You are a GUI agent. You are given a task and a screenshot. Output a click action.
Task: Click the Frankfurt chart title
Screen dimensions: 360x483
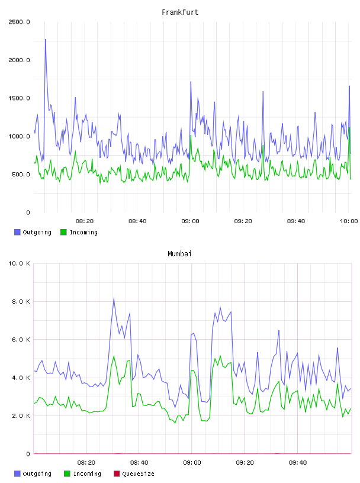pos(180,12)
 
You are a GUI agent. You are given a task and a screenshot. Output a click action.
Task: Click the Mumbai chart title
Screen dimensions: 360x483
pos(179,254)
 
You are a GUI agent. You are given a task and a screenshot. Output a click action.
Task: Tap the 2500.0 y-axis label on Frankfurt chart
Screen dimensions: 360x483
pos(19,22)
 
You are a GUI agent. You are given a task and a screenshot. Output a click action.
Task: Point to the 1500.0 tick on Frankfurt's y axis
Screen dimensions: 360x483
pos(19,98)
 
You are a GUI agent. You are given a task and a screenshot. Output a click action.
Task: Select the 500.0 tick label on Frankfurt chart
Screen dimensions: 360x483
pos(21,175)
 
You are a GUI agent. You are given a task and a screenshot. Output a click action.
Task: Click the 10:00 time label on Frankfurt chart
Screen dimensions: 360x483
pos(349,221)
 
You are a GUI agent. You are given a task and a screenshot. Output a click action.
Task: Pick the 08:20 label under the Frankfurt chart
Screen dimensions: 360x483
pos(85,221)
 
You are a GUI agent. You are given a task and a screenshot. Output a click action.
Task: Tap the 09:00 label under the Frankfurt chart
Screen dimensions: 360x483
pos(191,221)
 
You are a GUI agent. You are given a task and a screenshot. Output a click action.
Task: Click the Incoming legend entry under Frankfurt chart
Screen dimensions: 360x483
pos(79,232)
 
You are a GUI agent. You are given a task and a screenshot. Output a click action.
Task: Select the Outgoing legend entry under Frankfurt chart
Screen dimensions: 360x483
pos(33,232)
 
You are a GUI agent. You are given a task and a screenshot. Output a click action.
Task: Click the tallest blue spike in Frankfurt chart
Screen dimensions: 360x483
pos(46,40)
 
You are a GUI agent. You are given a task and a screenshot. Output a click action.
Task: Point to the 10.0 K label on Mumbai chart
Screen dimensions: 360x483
pos(19,263)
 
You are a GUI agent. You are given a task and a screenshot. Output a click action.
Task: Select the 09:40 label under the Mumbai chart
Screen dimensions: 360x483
pos(298,463)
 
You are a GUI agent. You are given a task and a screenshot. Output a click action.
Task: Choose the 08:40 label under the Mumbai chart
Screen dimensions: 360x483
pos(139,463)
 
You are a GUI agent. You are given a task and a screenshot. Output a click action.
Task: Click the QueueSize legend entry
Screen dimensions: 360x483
pos(134,474)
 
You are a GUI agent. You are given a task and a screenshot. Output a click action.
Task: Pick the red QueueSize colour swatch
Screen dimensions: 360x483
pos(117,474)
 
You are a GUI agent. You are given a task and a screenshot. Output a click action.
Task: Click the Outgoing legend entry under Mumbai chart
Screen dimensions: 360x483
pos(33,474)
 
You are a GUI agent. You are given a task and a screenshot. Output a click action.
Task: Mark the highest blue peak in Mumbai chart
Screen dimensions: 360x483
pos(114,298)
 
